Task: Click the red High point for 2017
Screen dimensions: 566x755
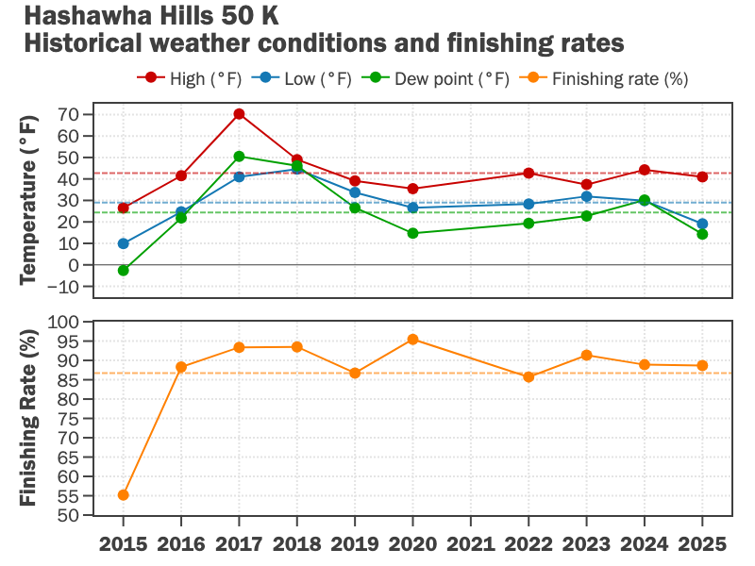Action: coord(239,114)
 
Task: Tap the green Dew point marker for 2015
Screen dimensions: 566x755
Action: coord(124,271)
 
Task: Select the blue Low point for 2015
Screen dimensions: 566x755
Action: coord(124,243)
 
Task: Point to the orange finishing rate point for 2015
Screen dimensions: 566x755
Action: coord(124,494)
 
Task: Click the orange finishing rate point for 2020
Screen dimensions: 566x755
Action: coord(412,340)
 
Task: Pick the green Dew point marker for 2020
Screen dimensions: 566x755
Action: coord(412,233)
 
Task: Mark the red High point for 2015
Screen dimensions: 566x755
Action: coord(124,208)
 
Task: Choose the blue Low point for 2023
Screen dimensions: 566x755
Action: coord(586,196)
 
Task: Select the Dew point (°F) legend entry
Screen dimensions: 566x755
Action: coord(440,78)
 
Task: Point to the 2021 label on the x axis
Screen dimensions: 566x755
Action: coord(470,544)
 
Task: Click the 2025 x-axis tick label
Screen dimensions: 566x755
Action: coord(701,544)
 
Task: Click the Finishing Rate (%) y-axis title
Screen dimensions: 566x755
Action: coord(29,419)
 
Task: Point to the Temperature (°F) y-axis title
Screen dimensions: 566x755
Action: coord(29,199)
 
